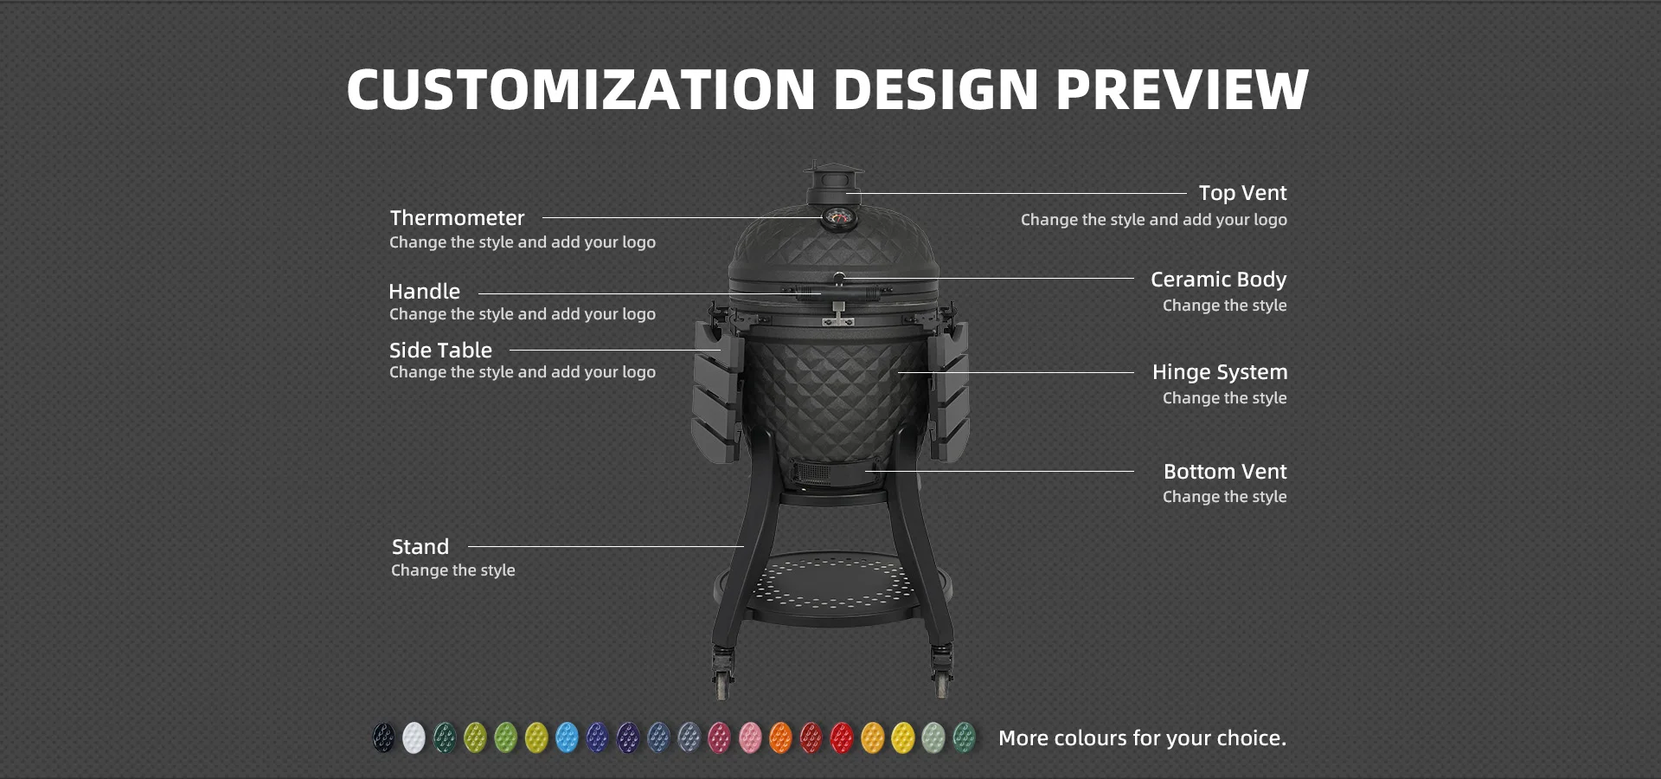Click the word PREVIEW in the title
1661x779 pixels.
1182,90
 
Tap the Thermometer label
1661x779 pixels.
457,218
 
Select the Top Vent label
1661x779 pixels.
1242,193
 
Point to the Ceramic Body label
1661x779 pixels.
1218,280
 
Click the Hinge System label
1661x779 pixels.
1220,372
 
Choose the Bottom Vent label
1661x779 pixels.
1225,472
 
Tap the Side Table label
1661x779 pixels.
440,351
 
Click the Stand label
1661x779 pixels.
420,547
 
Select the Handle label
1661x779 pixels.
424,292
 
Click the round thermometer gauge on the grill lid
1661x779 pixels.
837,216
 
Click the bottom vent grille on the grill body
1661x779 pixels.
812,473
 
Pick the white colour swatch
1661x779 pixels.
414,737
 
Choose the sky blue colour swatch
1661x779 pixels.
567,737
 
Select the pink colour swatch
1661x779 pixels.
750,737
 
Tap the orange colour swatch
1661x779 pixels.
780,737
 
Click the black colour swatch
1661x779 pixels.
383,737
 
